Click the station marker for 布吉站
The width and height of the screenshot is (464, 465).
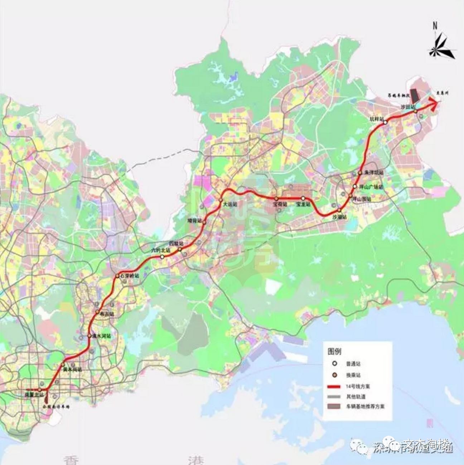coord(97,312)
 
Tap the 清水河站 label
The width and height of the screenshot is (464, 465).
coord(102,336)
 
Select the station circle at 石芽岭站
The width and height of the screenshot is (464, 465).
coord(117,276)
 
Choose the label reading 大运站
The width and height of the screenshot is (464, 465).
coord(230,205)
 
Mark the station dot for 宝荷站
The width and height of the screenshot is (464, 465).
coord(276,198)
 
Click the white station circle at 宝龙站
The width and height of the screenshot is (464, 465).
coord(303,198)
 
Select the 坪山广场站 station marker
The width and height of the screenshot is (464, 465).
coord(355,186)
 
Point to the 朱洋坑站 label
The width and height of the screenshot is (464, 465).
coord(374,173)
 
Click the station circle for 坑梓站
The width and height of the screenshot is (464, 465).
coord(385,123)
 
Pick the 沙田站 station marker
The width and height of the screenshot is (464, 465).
coord(415,111)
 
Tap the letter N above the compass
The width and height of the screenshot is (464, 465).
coord(435,26)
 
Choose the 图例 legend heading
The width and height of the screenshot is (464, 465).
coord(334,351)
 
